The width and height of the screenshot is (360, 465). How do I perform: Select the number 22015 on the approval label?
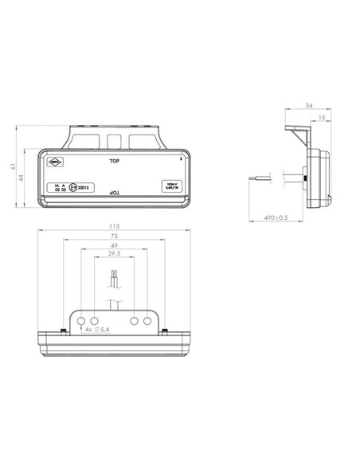pyautogui.click(x=87, y=188)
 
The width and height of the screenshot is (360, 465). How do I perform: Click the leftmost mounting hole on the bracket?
pyautogui.click(x=81, y=320)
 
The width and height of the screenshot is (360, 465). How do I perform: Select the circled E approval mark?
pyautogui.click(x=73, y=188)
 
